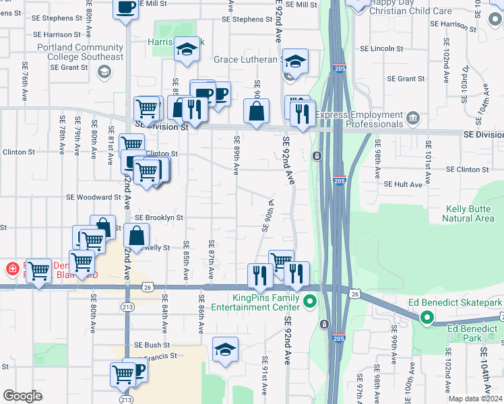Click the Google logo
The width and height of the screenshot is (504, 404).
(22, 396)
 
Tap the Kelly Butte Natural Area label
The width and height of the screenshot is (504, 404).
(468, 213)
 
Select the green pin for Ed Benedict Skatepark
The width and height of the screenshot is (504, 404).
(427, 317)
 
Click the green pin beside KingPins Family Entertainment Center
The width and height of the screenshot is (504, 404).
(310, 301)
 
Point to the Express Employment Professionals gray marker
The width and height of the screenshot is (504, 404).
(412, 119)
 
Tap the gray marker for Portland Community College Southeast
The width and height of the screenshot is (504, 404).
(104, 72)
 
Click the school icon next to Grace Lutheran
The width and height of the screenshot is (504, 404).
(294, 61)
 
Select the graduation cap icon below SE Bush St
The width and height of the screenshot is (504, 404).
(225, 349)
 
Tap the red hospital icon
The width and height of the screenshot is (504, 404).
(12, 269)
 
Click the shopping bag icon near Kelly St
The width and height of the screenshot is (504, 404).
(136, 236)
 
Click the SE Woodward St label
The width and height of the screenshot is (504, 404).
(93, 197)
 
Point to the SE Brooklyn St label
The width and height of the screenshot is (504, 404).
(159, 217)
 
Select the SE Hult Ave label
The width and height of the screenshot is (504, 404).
(403, 184)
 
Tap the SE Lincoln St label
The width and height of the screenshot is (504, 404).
(381, 48)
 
